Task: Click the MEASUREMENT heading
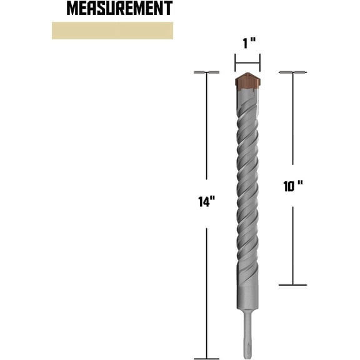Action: click(119, 9)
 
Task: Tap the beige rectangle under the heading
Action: click(112, 31)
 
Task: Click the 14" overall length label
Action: click(207, 202)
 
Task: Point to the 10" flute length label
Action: click(292, 186)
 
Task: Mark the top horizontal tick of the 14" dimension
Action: click(206, 72)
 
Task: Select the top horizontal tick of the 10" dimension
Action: click(293, 72)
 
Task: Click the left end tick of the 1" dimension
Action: click(235, 62)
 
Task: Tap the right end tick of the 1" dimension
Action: click(260, 62)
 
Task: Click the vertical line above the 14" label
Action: click(206, 131)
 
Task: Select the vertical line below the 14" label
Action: click(206, 281)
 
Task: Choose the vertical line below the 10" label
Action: click(293, 244)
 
